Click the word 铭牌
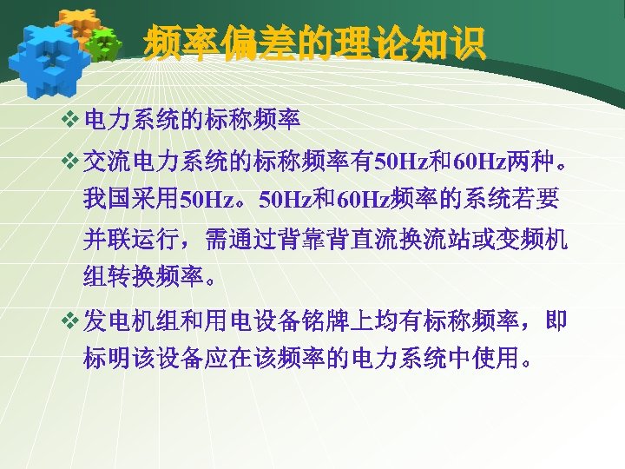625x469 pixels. (x=343, y=322)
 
